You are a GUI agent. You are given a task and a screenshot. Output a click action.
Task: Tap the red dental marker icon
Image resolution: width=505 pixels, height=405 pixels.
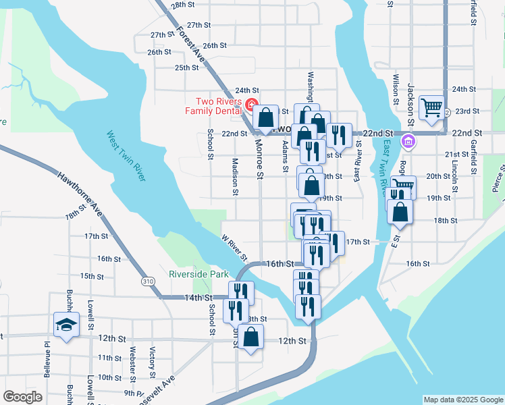[x=252, y=105]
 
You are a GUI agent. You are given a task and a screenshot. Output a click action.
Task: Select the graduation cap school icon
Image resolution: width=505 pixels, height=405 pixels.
[x=67, y=325]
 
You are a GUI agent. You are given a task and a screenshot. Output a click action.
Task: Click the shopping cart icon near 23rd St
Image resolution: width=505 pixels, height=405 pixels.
[x=431, y=107]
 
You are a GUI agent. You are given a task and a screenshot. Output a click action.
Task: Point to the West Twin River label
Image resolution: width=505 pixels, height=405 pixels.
[x=126, y=156]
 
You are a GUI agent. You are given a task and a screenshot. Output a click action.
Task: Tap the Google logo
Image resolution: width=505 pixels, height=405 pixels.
[x=22, y=397]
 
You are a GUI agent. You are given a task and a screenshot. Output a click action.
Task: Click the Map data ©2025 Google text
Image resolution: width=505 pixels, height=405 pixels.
[x=463, y=400]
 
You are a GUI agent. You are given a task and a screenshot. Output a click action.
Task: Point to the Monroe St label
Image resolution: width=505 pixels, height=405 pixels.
[x=259, y=159]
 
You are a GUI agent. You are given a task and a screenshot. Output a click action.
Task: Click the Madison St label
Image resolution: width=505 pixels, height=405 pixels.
[x=235, y=177]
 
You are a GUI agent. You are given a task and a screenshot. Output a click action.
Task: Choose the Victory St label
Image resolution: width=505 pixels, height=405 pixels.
[x=153, y=361]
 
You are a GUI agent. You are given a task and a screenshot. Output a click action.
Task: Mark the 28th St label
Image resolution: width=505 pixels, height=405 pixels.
[x=182, y=5]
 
